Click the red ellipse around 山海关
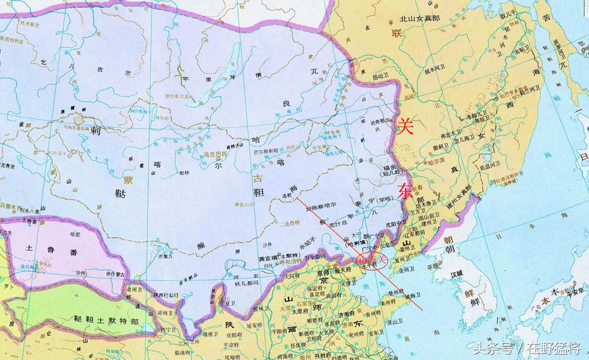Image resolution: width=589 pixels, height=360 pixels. pos(375,260)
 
